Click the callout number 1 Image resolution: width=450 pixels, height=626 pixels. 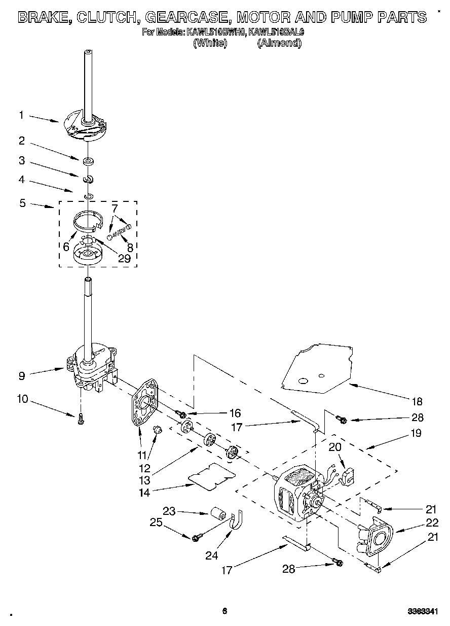21,115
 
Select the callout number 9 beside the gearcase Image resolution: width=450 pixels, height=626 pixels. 21,376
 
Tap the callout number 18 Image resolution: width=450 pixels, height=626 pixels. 416,402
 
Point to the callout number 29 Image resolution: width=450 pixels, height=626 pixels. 124,258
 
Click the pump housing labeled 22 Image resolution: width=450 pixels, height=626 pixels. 378,538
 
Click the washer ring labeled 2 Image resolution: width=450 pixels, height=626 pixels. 89,162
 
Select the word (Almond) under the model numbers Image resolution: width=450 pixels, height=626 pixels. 279,43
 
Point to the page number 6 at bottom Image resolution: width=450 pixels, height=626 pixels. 224,611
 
